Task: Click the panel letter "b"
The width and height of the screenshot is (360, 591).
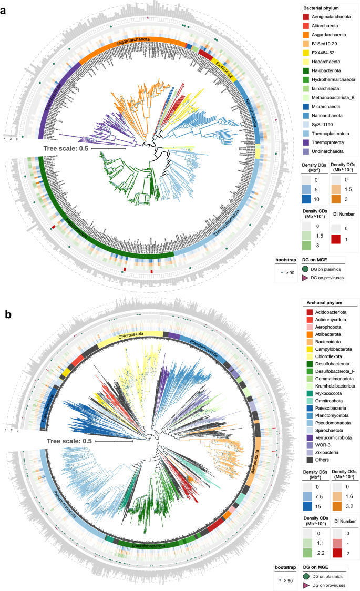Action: pos(9,314)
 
